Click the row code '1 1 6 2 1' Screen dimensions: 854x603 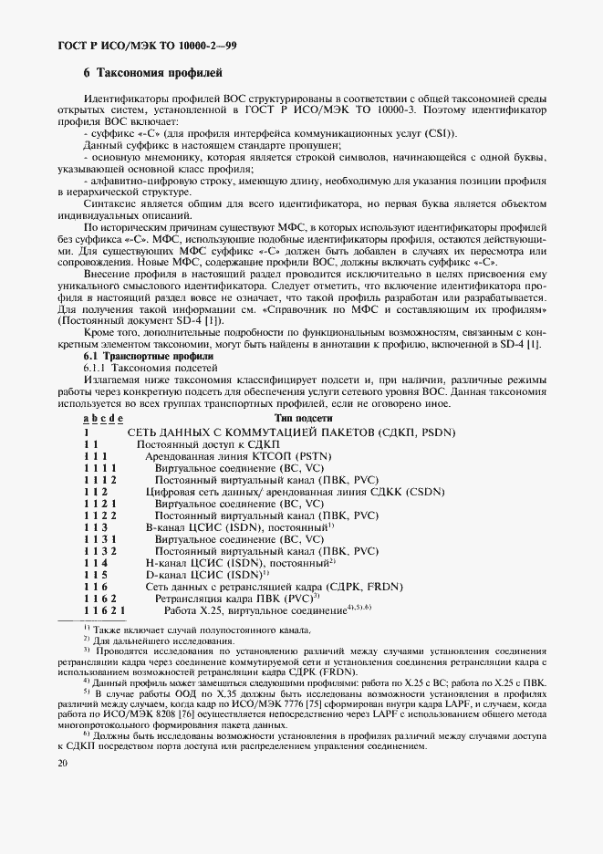[x=104, y=609]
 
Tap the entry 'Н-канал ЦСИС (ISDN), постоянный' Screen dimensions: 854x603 [x=242, y=563]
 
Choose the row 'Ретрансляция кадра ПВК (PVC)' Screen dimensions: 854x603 [x=234, y=598]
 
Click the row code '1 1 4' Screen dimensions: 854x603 [x=96, y=564]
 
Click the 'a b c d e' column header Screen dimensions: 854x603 [x=103, y=418]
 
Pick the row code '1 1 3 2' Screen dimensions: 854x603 [x=100, y=551]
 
